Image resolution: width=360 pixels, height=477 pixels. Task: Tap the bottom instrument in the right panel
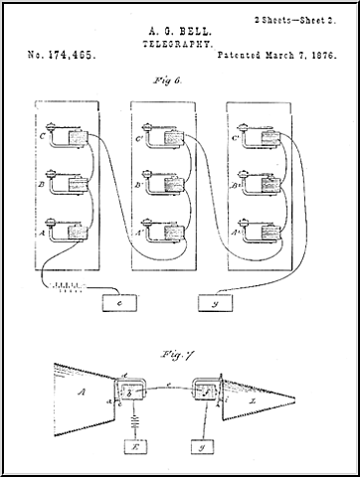263,231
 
